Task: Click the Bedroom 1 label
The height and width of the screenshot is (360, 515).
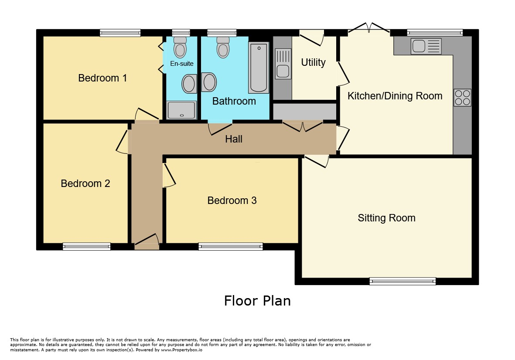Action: coord(102,78)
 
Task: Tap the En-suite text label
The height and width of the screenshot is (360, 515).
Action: coord(182,64)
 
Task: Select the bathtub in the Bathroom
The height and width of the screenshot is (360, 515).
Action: coord(259,68)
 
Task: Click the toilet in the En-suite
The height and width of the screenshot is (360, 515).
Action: coord(180,47)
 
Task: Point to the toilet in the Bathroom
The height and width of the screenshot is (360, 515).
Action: coord(223,47)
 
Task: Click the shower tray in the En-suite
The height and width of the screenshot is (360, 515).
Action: coord(182,110)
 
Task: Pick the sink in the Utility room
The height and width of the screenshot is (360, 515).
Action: coord(283,64)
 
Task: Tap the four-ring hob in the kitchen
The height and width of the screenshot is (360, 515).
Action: coord(462,98)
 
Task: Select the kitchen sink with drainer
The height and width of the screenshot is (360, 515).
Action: coord(426,46)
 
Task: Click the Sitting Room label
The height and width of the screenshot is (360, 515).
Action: coord(387,218)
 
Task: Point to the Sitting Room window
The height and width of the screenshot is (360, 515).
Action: coord(402,281)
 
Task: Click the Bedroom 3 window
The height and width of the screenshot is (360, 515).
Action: coord(231,246)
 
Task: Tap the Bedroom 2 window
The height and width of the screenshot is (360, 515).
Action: coord(87,246)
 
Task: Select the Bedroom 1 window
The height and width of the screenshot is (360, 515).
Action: coord(120,33)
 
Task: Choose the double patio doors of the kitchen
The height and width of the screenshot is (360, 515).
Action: coord(369,28)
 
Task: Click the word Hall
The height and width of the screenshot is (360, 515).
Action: coord(234,139)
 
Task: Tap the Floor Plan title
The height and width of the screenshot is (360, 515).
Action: coord(257,301)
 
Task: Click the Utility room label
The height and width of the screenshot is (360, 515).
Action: coord(314,62)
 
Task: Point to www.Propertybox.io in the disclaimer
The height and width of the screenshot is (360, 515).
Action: coord(182,350)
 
